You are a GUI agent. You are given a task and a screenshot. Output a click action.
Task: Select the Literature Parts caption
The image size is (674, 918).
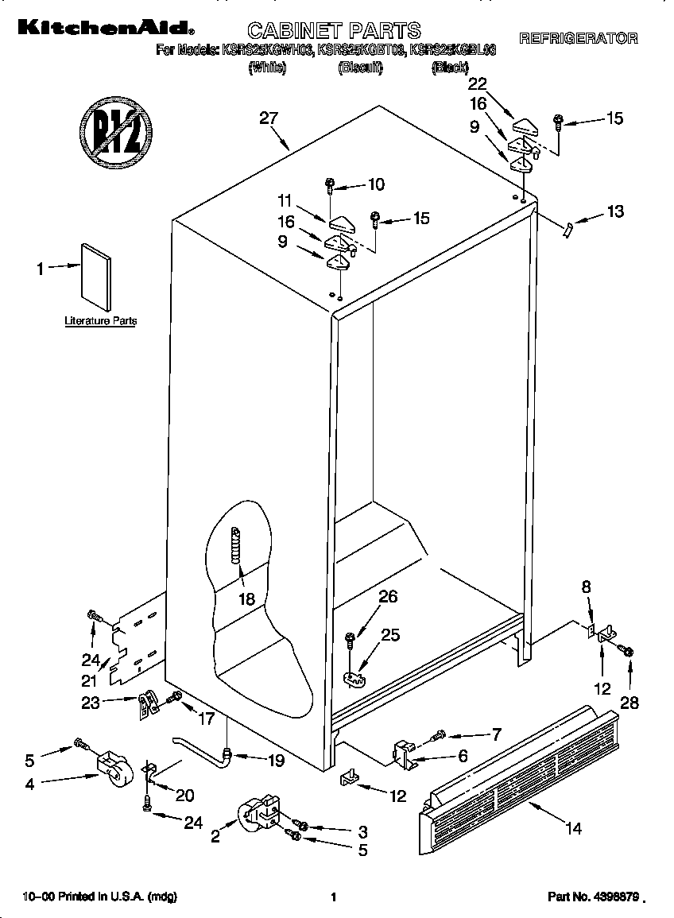pyautogui.click(x=100, y=322)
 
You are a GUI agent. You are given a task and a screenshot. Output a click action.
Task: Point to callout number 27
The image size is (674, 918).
pyautogui.click(x=269, y=118)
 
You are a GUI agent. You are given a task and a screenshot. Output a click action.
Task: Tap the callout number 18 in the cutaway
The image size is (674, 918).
pyautogui.click(x=247, y=599)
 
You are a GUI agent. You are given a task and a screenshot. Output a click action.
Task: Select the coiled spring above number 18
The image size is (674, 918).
pyautogui.click(x=235, y=548)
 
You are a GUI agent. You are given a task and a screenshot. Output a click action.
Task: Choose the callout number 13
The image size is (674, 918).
pyautogui.click(x=614, y=211)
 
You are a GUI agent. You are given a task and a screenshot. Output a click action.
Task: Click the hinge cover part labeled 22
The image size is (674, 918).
pyautogui.click(x=525, y=125)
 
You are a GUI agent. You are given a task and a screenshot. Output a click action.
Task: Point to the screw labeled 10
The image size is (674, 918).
pyautogui.click(x=330, y=186)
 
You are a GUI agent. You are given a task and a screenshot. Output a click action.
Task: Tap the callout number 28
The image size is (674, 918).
pyautogui.click(x=629, y=702)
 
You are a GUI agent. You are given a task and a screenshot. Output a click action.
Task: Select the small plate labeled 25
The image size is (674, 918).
pyautogui.click(x=355, y=677)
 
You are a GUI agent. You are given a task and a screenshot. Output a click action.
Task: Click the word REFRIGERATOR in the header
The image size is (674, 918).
pyautogui.click(x=578, y=37)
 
